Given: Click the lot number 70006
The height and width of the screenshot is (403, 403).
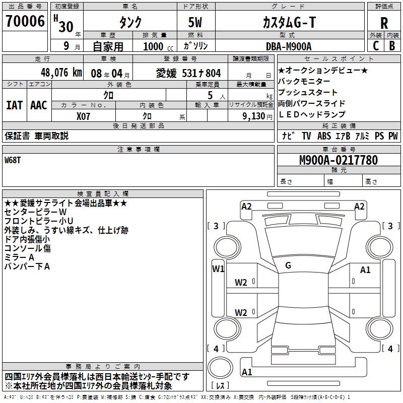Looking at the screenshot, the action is pos(25,22).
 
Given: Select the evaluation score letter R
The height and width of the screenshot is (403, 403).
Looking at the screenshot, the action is pos(384,23).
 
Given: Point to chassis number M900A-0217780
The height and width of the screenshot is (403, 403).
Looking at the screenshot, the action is pos(338,161).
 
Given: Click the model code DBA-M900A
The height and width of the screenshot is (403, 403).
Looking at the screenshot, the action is pos(289,46).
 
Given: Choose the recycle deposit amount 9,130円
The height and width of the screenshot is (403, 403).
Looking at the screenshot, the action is pos(250,116).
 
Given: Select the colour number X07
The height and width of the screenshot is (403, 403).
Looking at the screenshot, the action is pos(84,116).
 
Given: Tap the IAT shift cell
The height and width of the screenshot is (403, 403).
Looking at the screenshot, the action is pos(15,105).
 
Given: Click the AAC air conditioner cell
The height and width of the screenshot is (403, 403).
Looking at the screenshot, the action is pos(39,105).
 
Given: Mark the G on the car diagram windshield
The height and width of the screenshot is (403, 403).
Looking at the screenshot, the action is pos(288,265).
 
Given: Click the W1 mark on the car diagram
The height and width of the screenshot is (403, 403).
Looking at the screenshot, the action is pos(218,268).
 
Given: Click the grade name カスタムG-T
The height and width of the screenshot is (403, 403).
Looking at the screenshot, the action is pos(289,23).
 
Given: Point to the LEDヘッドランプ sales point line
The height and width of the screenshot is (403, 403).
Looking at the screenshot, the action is pos(312,114).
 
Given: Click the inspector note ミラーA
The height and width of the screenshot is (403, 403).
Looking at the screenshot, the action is pos(19,257).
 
